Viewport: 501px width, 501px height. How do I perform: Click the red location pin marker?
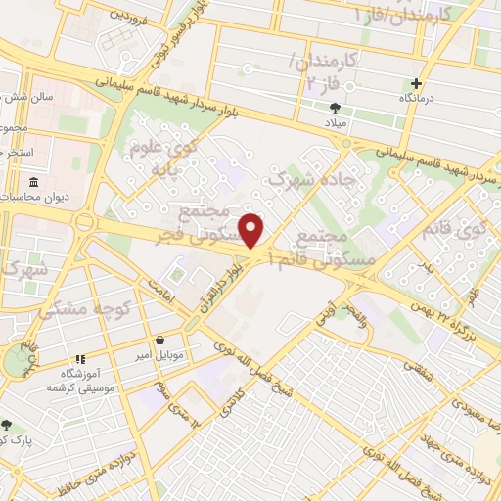252,231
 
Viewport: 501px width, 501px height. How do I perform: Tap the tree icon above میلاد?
337,108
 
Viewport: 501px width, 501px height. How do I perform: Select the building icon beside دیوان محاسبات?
34,183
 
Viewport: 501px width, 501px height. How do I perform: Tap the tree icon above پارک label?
9,425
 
